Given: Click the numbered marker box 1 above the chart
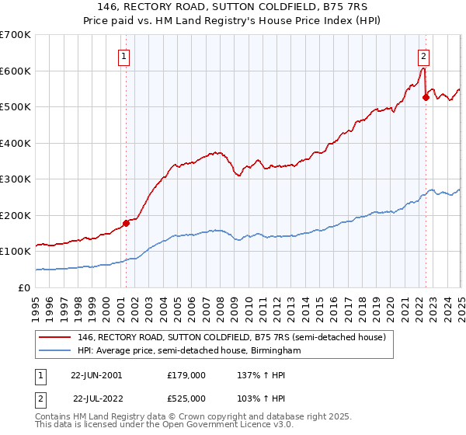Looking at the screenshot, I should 124,55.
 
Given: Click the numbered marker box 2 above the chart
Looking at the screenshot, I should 423,55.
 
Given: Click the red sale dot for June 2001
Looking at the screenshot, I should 126,223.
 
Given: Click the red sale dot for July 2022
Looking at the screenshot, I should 425,98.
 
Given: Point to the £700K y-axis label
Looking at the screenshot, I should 16,35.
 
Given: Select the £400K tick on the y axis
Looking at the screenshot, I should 16,143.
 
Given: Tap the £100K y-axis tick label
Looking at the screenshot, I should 16,252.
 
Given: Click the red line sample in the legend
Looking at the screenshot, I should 55,337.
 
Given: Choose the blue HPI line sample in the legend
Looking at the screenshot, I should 55,351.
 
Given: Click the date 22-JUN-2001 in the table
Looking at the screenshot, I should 96,374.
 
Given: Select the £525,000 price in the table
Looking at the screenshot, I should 186,398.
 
